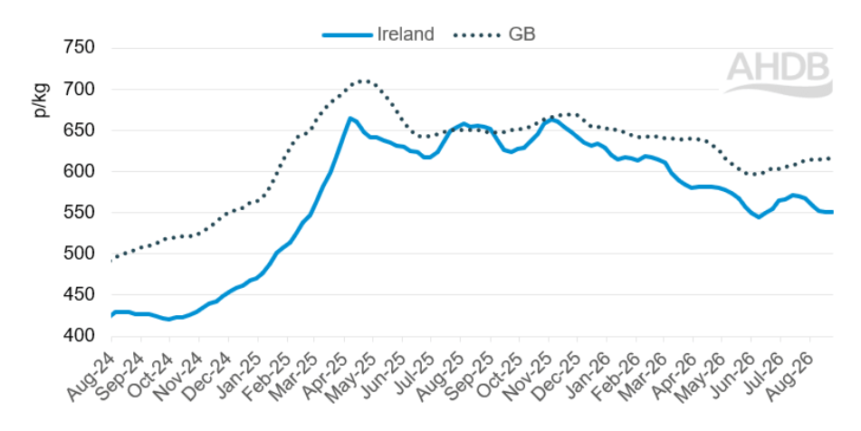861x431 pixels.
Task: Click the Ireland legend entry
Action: (378, 34)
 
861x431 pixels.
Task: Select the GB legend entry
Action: (494, 34)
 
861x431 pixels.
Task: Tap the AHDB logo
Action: (779, 73)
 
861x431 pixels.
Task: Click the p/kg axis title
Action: (41, 100)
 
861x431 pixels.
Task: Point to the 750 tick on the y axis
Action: (79, 48)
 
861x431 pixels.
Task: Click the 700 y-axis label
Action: (79, 89)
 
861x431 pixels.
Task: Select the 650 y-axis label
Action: (79, 130)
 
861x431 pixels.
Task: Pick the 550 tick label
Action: (79, 213)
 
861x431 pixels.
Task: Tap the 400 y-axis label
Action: (79, 335)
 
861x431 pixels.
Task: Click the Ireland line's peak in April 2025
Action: (349, 118)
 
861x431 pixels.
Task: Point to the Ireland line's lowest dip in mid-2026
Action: (759, 217)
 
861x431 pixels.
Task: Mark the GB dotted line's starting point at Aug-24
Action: (112, 260)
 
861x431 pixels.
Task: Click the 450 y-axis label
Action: (79, 295)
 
